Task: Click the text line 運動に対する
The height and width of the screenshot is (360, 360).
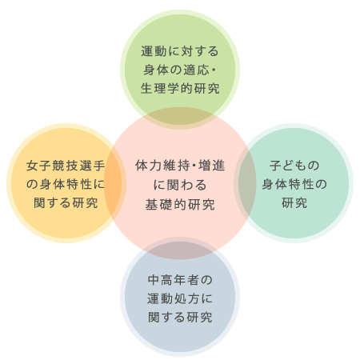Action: (180, 51)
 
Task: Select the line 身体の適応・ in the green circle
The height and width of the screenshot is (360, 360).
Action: (179, 70)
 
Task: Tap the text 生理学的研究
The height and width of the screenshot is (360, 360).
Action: (180, 89)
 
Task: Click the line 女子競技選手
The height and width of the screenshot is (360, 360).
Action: (66, 166)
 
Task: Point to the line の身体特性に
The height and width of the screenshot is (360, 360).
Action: (66, 184)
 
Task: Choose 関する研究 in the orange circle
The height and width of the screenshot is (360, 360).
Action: (66, 203)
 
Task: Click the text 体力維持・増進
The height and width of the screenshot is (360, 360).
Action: (180, 166)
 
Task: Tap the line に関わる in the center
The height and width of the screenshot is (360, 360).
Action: (180, 185)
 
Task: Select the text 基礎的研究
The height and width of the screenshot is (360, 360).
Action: (180, 205)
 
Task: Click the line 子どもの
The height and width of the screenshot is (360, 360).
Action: (294, 166)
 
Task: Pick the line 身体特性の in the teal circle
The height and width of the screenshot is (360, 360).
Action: (294, 184)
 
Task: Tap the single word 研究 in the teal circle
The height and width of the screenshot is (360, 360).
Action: (294, 203)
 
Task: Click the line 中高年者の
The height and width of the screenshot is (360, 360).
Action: (180, 280)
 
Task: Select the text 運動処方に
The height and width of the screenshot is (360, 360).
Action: (180, 298)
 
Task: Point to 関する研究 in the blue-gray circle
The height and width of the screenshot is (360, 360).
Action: (180, 318)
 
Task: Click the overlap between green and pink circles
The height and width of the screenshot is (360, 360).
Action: (180, 117)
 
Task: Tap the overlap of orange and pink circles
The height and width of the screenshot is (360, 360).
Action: (113, 183)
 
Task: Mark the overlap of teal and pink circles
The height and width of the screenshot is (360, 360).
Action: (247, 183)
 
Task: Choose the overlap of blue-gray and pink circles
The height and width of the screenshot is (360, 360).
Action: (180, 250)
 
